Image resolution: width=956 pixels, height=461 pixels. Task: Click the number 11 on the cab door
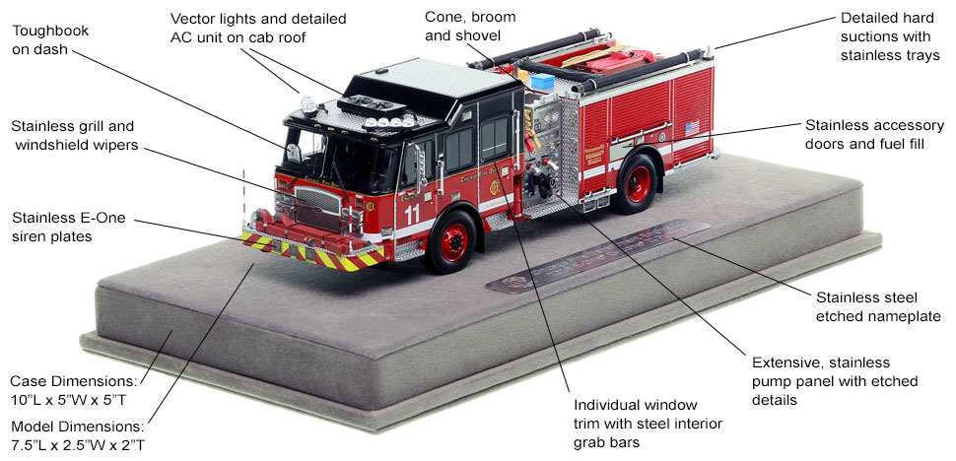point(412,215)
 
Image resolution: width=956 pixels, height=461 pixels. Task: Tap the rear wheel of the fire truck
point(638,183)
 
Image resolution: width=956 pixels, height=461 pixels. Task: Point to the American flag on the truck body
point(692,127)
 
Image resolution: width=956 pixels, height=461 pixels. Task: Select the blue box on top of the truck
point(542,81)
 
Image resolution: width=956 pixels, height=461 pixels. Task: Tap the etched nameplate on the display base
point(597,256)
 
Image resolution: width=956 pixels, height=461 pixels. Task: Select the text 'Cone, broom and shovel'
point(470,27)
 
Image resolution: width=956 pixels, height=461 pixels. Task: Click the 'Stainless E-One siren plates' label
point(68,227)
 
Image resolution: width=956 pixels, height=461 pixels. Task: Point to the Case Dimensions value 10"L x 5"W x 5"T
point(68,400)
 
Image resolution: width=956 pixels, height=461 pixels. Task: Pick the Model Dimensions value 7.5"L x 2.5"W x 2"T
point(78,444)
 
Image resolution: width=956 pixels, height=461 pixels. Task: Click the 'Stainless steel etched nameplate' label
point(877,307)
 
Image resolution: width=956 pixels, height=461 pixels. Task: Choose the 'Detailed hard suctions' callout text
point(890,35)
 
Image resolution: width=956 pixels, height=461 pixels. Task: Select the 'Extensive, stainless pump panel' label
point(834,381)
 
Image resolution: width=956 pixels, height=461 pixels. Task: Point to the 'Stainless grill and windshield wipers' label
point(73,135)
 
